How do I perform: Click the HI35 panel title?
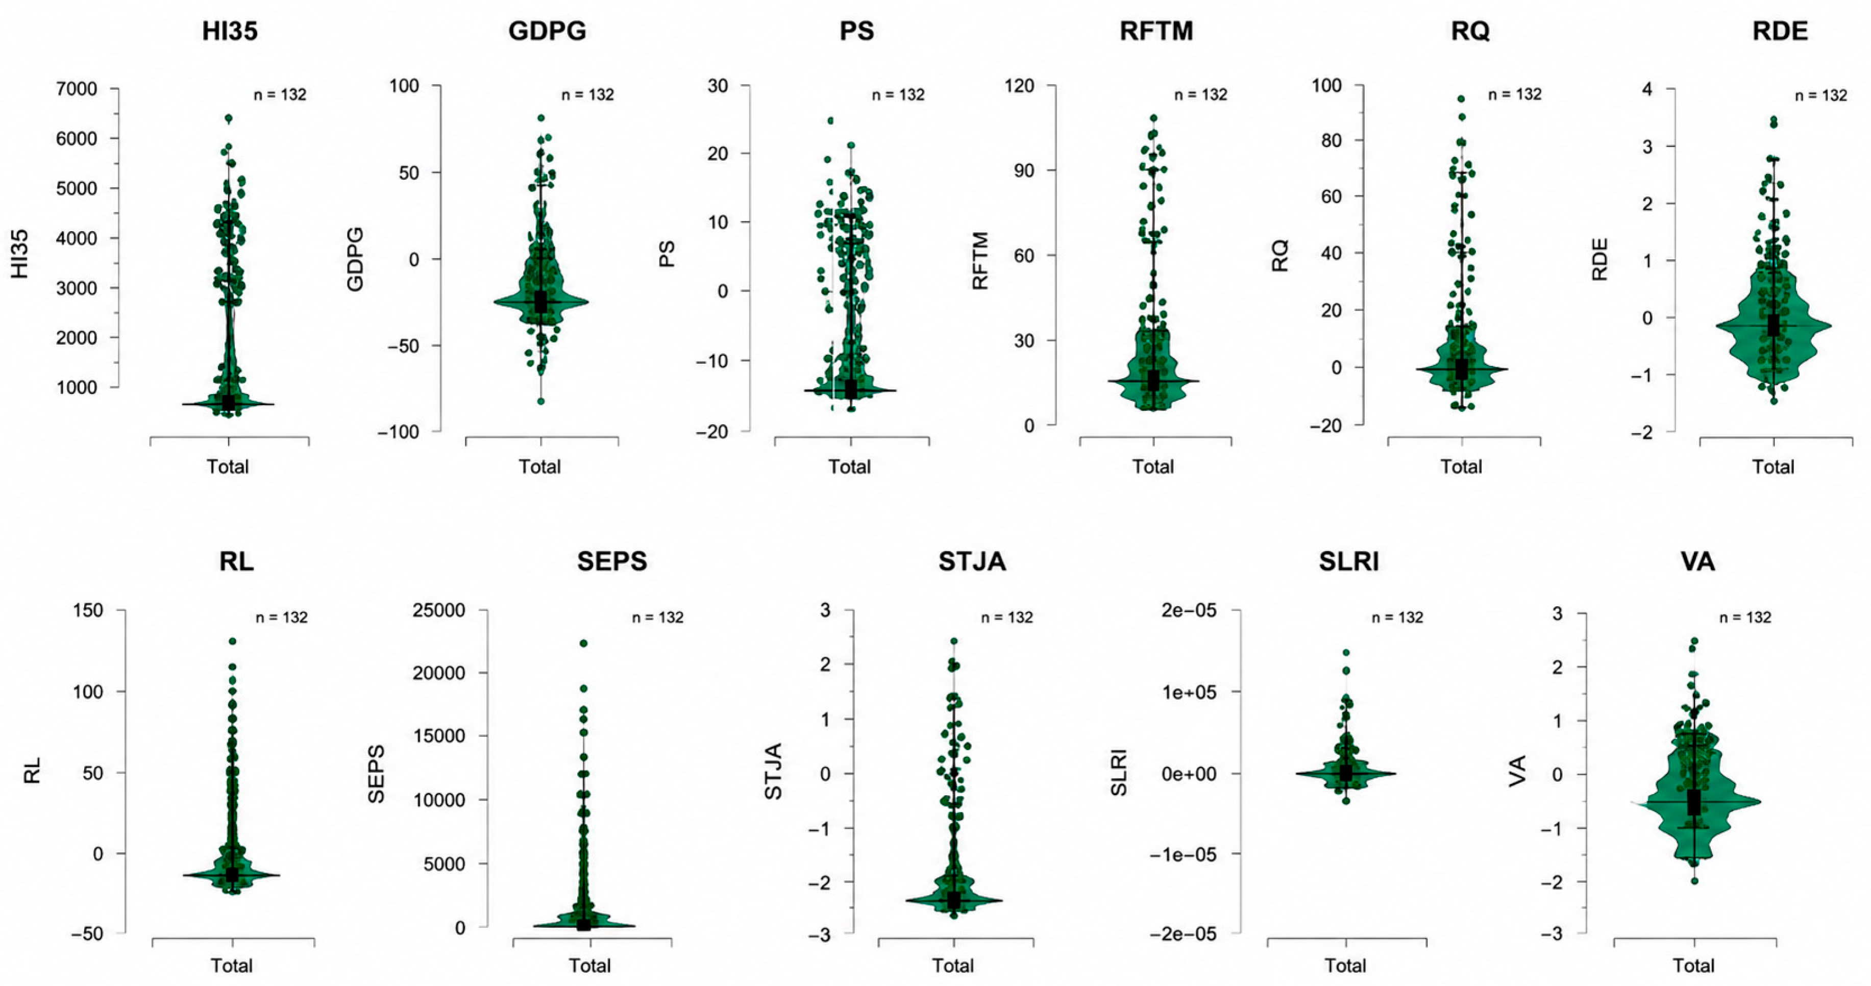coord(230,31)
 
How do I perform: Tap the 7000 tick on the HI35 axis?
coord(77,89)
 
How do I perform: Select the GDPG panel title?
coord(547,31)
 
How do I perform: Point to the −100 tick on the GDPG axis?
coord(398,431)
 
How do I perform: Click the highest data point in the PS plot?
coord(831,120)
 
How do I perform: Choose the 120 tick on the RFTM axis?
coord(1020,86)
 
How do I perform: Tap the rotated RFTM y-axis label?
coord(980,261)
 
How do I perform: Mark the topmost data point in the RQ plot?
coord(1461,98)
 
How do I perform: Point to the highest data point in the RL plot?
coord(232,641)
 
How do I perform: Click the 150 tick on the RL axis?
coord(88,610)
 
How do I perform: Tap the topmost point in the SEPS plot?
coord(583,643)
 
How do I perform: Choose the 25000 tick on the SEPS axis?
coord(439,610)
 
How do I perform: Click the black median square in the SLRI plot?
coord(1346,773)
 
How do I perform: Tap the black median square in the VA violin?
coord(1694,802)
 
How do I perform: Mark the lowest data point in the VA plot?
coord(1694,901)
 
